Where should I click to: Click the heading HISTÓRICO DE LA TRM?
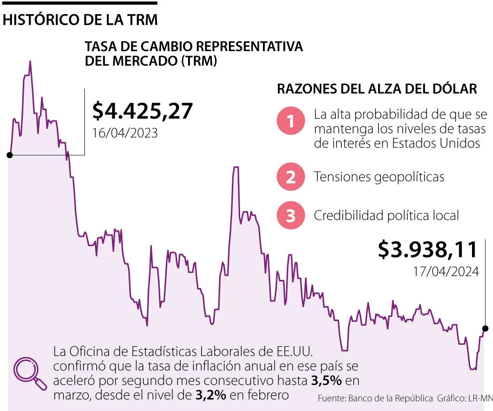80,20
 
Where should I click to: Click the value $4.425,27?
142,111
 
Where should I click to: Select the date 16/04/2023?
125,133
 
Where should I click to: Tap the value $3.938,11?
428,249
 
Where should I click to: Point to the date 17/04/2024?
446,271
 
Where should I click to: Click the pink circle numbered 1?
291,121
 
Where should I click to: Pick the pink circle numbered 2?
291,177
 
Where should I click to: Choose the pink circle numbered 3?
291,216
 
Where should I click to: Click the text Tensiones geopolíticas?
379,177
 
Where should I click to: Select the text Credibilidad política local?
386,216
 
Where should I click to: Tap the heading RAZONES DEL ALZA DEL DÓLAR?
377,89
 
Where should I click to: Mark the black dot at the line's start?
10,155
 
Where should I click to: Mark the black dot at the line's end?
485,328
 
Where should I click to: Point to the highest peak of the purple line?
30,62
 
